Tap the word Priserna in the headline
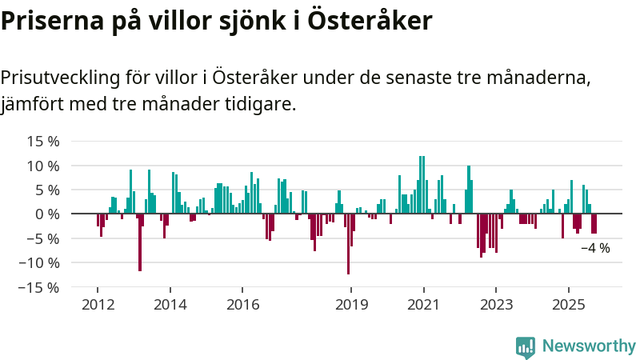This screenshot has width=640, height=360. [50, 21]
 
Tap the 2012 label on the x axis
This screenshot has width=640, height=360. [98, 304]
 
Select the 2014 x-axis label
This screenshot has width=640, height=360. [170, 304]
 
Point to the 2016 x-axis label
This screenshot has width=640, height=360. [242, 304]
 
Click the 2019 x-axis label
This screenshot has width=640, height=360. [350, 304]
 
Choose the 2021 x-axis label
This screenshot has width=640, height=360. [423, 304]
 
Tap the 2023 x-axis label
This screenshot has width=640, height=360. [496, 304]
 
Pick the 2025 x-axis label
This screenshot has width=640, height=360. [568, 304]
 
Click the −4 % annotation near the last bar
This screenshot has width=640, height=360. [595, 248]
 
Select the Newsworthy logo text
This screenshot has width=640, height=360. [589, 346]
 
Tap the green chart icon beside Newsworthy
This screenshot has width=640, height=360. [526, 346]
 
